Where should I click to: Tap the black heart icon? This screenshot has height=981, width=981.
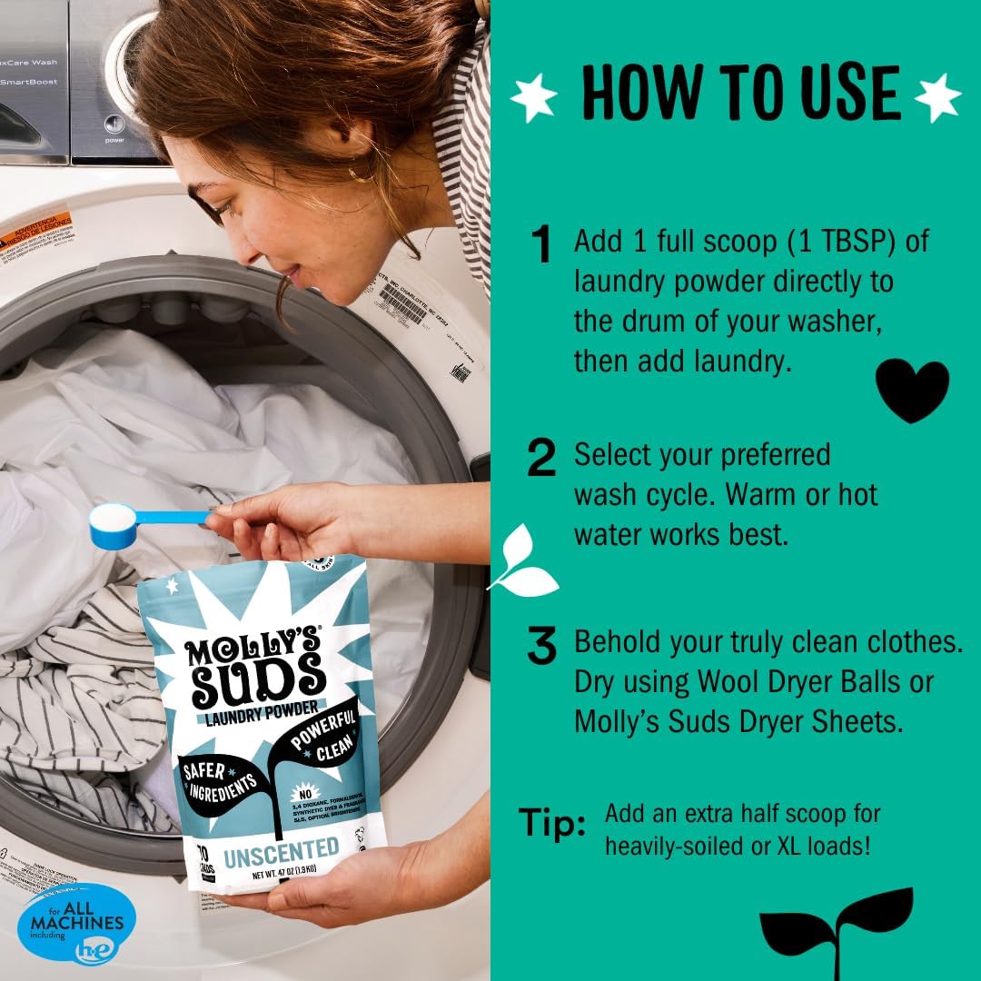(x=911, y=390)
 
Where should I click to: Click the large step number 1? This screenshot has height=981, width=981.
(x=542, y=245)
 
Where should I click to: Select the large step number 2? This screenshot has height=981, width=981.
(x=542, y=459)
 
